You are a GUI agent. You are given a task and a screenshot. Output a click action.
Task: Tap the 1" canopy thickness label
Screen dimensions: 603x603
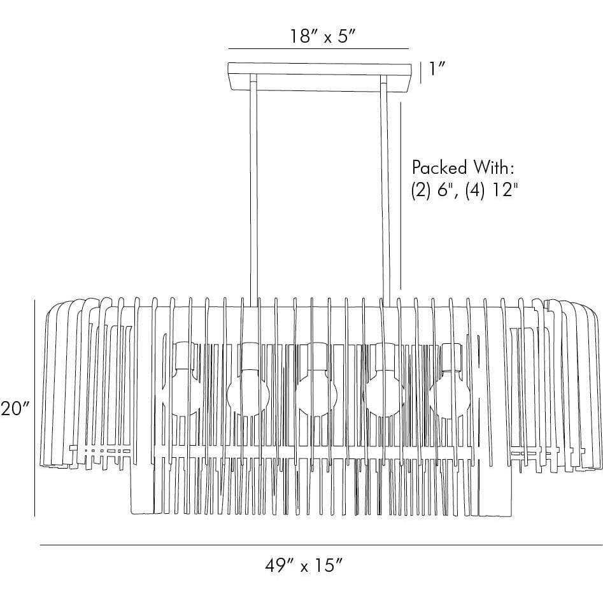(437, 69)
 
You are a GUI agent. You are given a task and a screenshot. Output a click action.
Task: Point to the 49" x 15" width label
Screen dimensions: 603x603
(304, 566)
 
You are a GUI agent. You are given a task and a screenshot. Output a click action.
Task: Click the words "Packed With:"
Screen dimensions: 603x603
(463, 167)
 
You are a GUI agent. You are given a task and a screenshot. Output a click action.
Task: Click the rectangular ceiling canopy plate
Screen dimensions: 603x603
(320, 77)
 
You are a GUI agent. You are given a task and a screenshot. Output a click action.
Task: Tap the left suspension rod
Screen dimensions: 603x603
(253, 190)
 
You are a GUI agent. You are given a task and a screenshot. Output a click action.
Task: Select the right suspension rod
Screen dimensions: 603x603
(385, 190)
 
